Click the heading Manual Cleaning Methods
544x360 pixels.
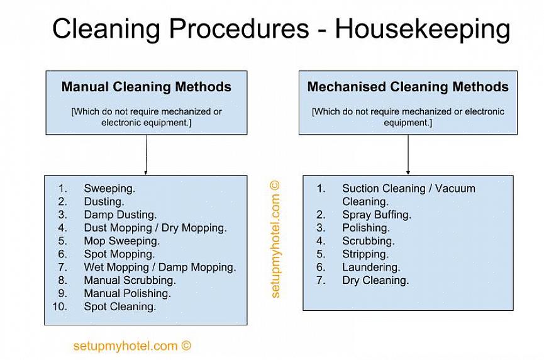click(x=147, y=87)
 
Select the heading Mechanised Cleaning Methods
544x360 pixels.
click(x=408, y=87)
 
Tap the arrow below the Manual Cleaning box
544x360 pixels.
click(x=146, y=154)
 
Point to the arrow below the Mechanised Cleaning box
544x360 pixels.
click(x=408, y=154)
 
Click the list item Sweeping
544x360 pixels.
click(x=109, y=189)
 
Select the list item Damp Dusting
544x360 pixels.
click(x=120, y=215)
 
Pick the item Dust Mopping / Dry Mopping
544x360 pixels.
click(x=155, y=228)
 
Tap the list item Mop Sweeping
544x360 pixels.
click(x=122, y=241)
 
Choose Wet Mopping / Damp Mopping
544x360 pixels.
click(x=160, y=267)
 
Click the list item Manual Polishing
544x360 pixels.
click(x=127, y=294)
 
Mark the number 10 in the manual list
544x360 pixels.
click(x=60, y=307)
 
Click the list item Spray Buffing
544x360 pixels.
click(x=377, y=215)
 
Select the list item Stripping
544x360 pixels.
click(x=365, y=254)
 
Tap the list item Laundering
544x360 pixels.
click(x=371, y=267)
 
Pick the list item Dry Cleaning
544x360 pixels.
click(x=375, y=281)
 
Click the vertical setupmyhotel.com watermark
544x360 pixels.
click(x=275, y=239)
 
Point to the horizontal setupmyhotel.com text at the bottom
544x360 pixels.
click(x=132, y=346)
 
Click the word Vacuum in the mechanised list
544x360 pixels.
click(x=455, y=189)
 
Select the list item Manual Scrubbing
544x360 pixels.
click(x=130, y=281)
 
